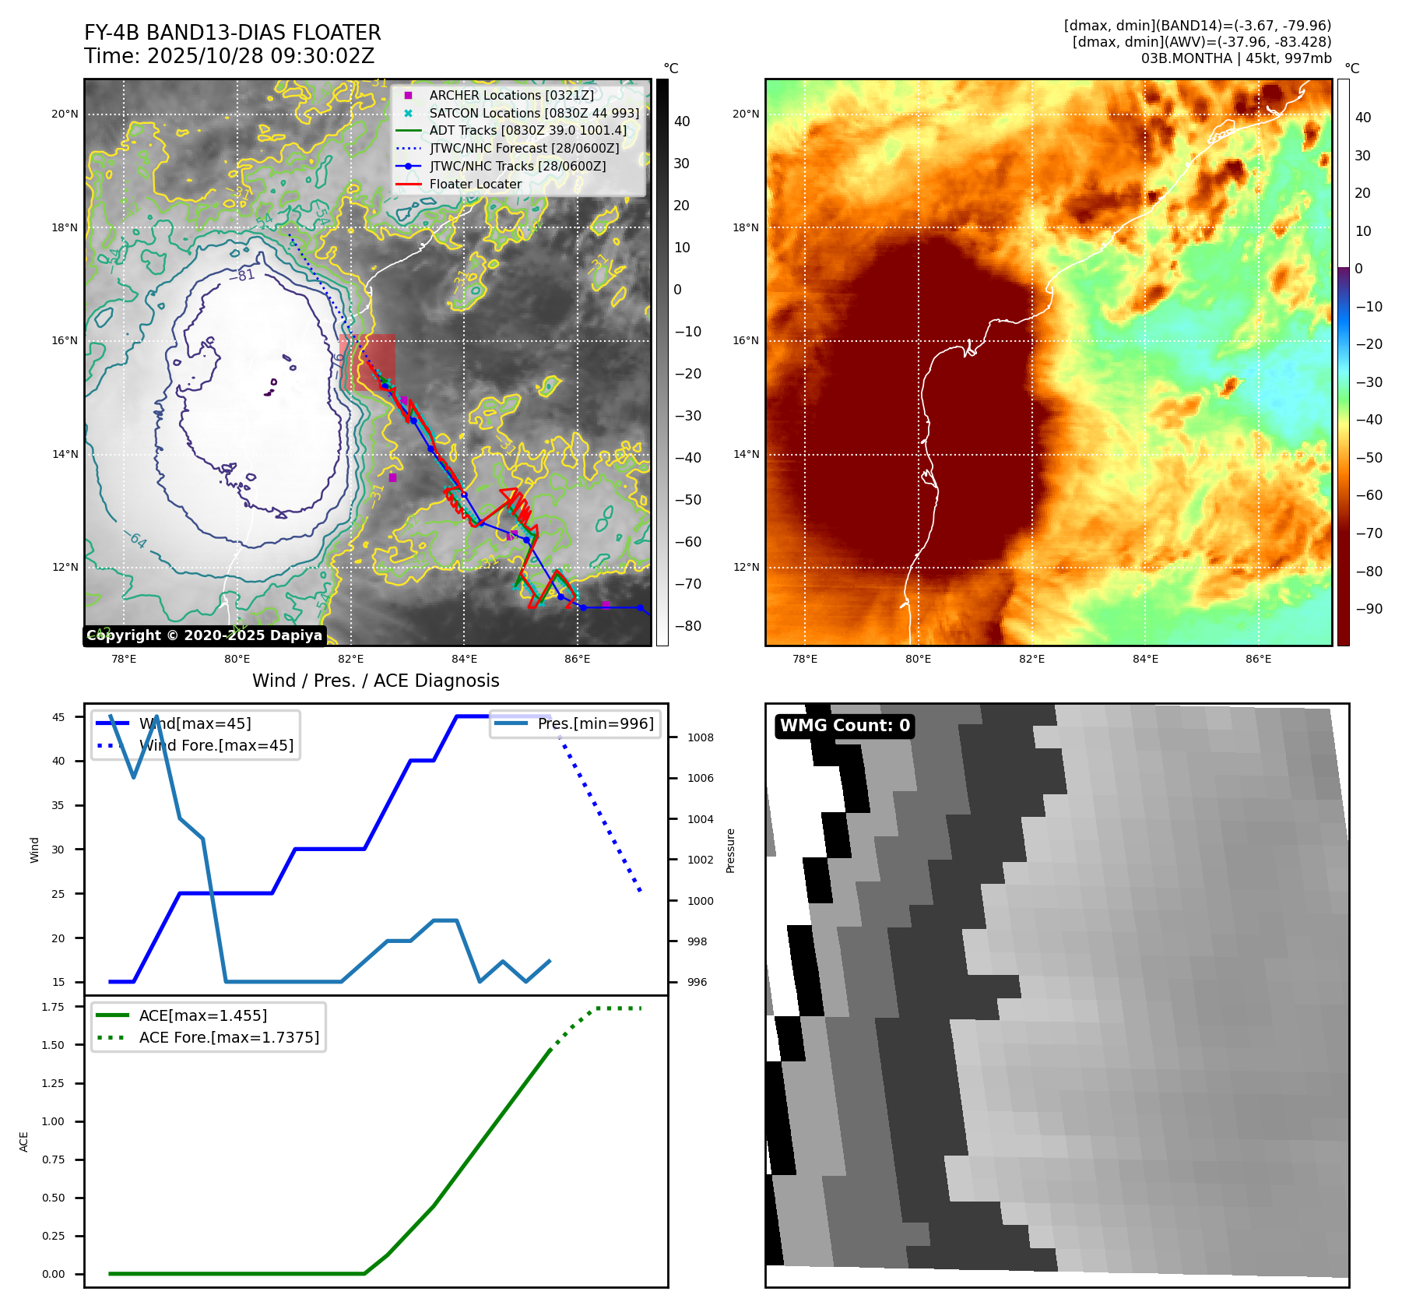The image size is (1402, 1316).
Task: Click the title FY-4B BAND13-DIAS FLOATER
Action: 232,33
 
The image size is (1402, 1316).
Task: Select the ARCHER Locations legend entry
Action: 511,95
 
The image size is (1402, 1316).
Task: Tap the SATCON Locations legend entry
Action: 534,113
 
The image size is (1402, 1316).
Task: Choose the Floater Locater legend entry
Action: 475,185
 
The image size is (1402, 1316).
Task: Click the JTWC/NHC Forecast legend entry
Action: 524,148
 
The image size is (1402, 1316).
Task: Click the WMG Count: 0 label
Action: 845,726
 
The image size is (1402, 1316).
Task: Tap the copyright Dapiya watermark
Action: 204,635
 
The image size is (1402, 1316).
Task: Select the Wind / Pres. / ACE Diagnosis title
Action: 375,681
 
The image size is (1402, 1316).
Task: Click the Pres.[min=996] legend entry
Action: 596,723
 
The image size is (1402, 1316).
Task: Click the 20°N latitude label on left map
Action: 65,114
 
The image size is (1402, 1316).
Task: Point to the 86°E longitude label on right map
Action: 1258,659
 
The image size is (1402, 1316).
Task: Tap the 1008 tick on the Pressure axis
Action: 700,737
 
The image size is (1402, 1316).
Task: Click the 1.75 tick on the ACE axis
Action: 53,1007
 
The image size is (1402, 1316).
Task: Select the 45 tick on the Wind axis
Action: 58,717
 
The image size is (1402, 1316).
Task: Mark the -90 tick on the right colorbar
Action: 1369,609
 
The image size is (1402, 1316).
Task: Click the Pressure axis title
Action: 730,850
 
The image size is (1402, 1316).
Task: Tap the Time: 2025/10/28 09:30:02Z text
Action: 229,56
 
